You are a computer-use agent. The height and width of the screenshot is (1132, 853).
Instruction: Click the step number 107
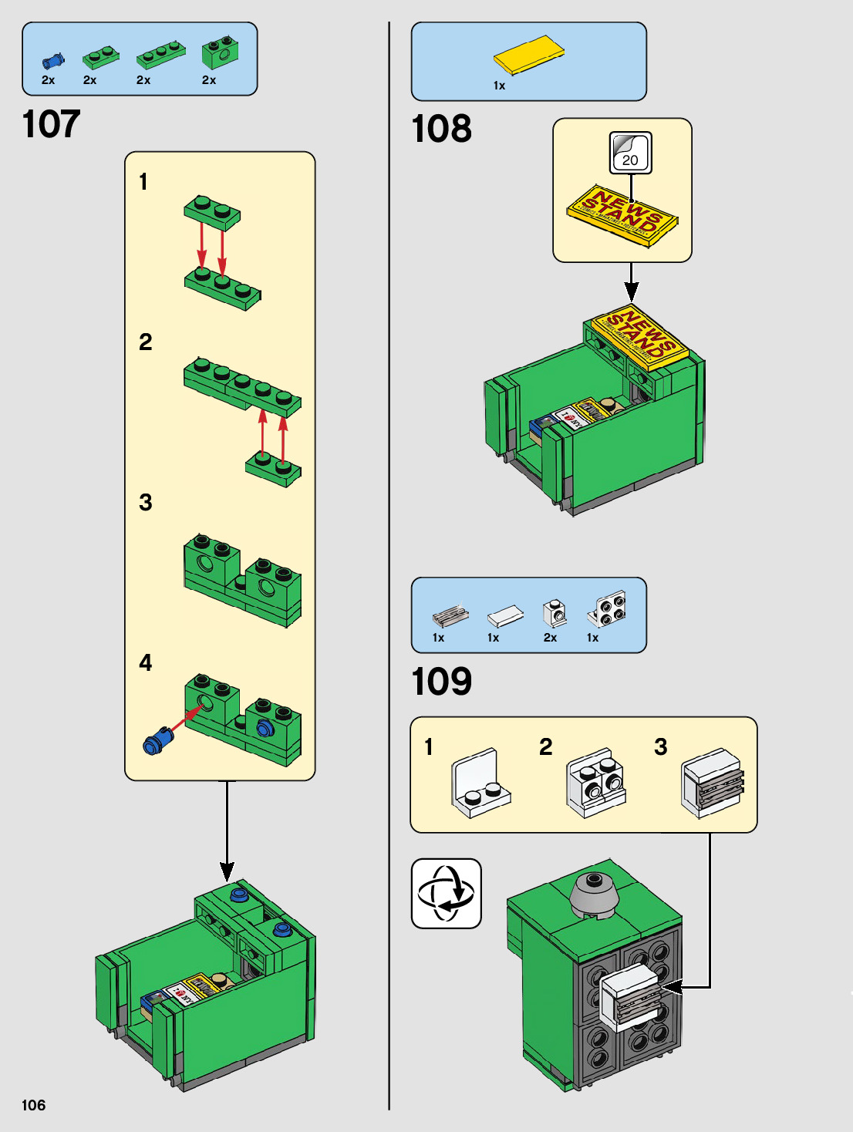click(x=51, y=124)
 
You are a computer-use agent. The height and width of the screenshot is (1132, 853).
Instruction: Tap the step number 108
click(x=441, y=129)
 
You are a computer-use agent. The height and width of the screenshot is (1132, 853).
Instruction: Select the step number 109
click(x=441, y=682)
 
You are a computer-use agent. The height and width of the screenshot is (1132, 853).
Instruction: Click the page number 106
click(x=33, y=1105)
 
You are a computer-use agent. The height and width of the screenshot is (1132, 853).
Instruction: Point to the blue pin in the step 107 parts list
click(x=52, y=61)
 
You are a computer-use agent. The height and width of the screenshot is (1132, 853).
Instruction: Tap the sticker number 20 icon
click(x=631, y=153)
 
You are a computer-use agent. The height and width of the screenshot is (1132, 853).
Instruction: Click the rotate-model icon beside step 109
click(x=447, y=894)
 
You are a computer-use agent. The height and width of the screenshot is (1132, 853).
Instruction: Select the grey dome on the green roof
click(x=593, y=894)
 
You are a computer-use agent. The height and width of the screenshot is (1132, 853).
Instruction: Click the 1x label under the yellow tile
click(x=499, y=86)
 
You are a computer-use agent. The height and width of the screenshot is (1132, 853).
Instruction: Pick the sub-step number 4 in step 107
click(x=145, y=663)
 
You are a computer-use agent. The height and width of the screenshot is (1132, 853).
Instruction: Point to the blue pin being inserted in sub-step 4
click(x=157, y=741)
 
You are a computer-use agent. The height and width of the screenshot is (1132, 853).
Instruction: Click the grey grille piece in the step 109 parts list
click(x=450, y=615)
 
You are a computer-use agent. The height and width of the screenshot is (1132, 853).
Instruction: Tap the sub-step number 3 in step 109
click(x=660, y=746)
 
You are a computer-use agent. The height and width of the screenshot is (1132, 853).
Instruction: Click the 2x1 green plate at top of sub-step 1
click(x=212, y=211)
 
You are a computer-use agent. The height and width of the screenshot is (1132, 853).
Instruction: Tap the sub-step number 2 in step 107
click(x=145, y=342)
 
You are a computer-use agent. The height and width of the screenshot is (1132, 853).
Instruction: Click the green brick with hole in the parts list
click(x=220, y=52)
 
